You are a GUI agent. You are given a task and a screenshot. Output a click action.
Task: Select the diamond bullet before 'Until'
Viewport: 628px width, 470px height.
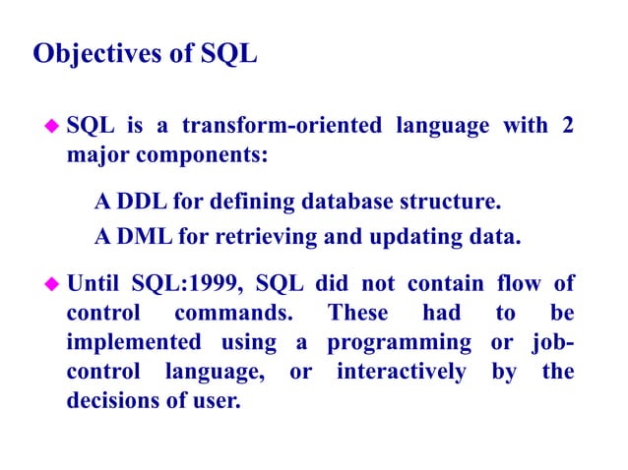click(53, 286)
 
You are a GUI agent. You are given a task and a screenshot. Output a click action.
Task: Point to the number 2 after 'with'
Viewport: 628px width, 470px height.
click(567, 127)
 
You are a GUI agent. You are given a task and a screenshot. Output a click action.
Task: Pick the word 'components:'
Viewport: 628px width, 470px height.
click(213, 155)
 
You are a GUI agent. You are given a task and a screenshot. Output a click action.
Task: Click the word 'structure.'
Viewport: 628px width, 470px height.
click(448, 203)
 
